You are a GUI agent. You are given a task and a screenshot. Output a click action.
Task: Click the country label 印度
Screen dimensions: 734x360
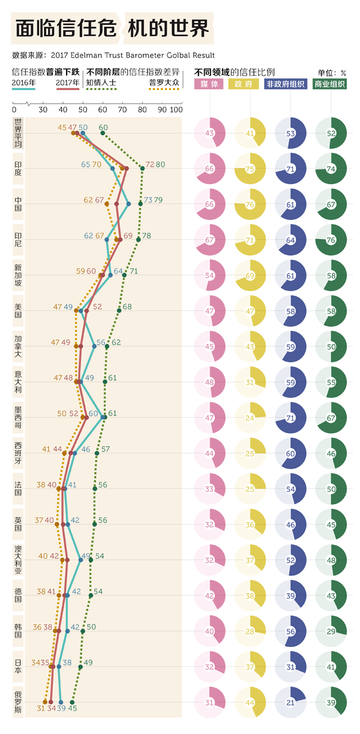point(18,168)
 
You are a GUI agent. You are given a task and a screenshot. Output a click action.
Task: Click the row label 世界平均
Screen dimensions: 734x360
point(18,133)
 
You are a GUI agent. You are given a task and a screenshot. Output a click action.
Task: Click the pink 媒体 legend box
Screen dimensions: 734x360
point(209,84)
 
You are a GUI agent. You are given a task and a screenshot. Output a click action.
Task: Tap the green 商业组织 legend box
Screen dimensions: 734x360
point(330,84)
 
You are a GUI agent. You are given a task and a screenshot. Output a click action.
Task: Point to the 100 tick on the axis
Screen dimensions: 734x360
point(176,110)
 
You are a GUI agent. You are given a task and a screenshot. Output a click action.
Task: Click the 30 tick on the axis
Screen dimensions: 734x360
point(43,110)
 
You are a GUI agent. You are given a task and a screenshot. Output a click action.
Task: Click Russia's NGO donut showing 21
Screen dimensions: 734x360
point(290,702)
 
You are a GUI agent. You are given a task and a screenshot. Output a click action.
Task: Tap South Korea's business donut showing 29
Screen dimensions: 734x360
point(330,631)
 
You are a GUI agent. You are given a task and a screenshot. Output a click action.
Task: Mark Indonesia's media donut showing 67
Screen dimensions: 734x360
point(209,239)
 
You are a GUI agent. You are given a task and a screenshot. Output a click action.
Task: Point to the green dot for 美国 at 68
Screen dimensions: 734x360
point(119,310)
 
